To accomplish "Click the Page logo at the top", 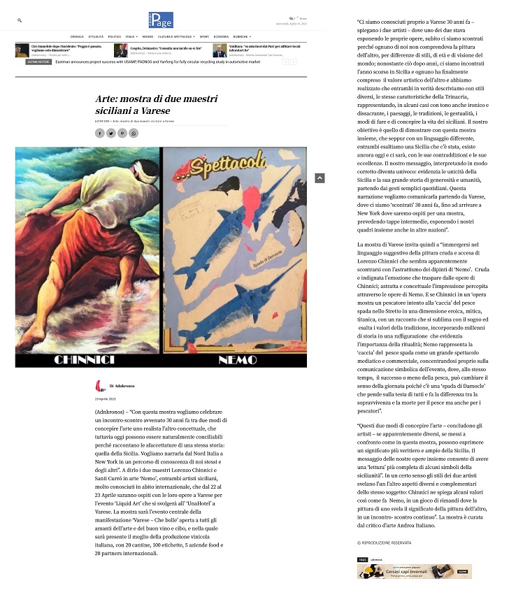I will pos(160,20).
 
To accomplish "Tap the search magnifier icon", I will pos(20,21).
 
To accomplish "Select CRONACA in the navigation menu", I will pos(77,36).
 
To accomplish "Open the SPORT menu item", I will pos(204,36).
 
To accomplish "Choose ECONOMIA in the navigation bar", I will pos(221,36).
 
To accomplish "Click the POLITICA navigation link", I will pos(115,36).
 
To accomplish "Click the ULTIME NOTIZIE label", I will pos(39,62).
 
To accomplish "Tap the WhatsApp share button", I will pos(134,133).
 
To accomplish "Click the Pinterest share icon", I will pos(122,133).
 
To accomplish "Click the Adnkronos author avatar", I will pos(100,385).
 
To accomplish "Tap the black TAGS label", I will pos(362,560).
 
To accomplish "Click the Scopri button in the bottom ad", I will pos(461,570).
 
